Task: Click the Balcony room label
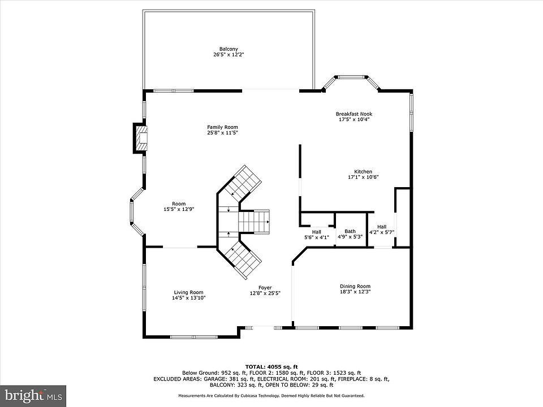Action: (229, 49)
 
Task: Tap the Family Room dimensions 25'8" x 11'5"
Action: (223, 132)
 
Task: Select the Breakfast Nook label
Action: (354, 114)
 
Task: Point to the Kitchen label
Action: (363, 172)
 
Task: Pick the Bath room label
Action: (350, 231)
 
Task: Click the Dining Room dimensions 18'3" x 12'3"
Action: (355, 292)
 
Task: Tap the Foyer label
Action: (265, 288)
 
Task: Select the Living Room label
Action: (188, 292)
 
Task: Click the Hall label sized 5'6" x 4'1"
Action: (317, 232)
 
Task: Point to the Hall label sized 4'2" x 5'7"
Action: (382, 227)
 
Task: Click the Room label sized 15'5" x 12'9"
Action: (179, 204)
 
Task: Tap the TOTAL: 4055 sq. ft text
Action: (271, 367)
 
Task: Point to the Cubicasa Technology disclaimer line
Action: (271, 395)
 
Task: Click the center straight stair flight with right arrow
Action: (254, 222)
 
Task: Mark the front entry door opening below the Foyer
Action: (264, 327)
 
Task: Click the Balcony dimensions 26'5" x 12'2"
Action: (229, 55)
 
